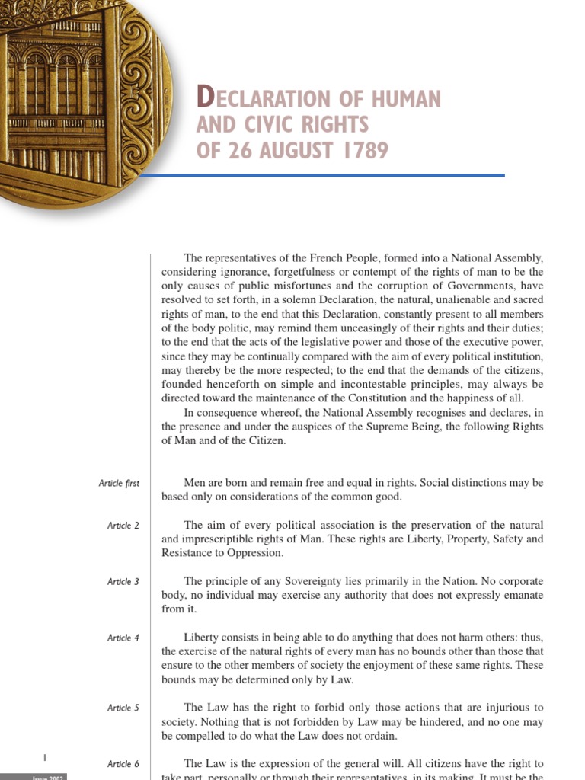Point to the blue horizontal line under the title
320,175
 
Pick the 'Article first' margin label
119,484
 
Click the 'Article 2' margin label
123,526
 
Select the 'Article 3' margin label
123,582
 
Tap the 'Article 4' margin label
123,638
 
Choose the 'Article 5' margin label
123,708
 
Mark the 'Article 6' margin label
123,764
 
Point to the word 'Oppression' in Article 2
257,553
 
